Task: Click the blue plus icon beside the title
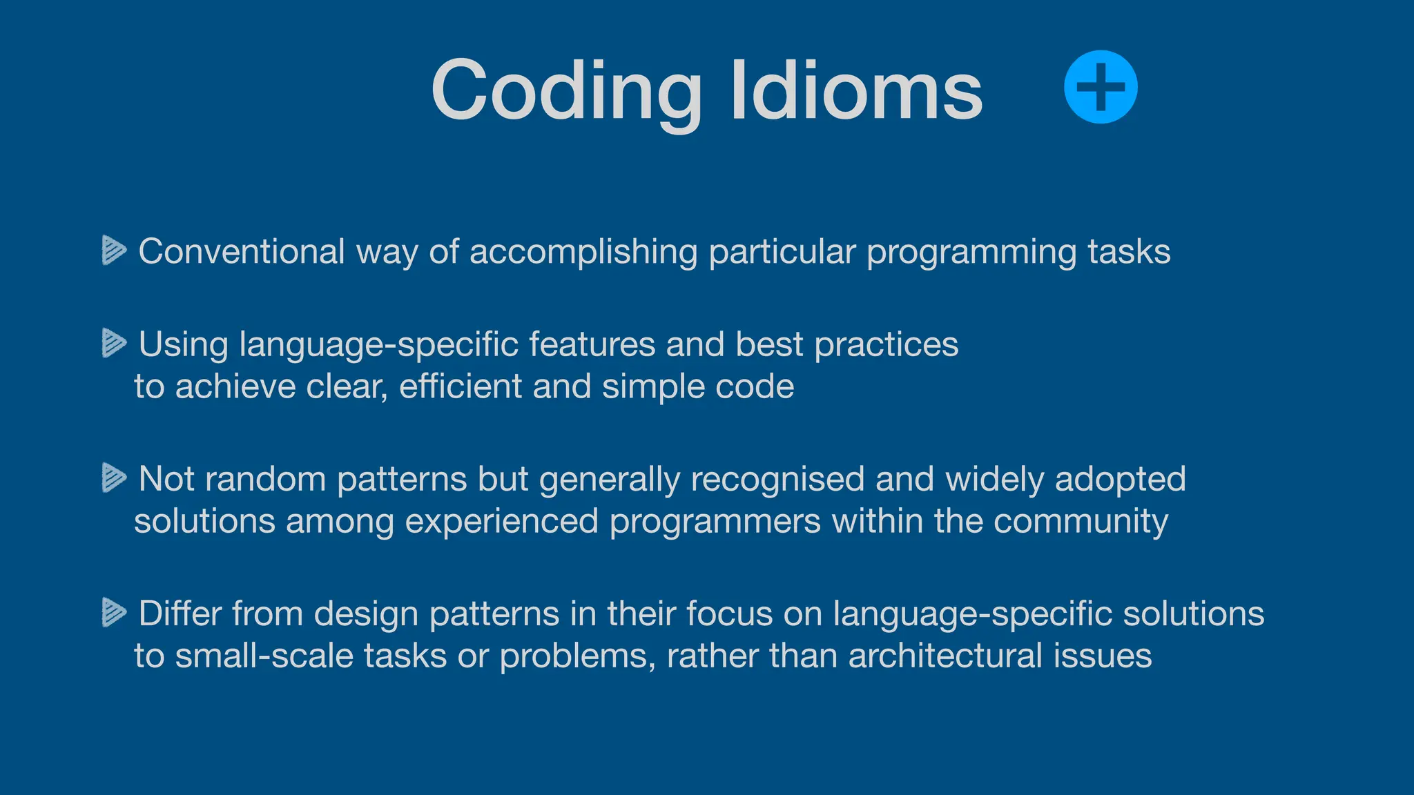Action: tap(1101, 87)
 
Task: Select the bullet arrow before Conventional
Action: tap(114, 250)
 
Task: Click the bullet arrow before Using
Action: tap(114, 343)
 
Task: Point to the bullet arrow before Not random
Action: tap(114, 478)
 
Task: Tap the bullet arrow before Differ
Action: tap(114, 612)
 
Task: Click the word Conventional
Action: tap(241, 251)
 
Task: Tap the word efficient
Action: tap(460, 386)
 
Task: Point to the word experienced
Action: tap(501, 522)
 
